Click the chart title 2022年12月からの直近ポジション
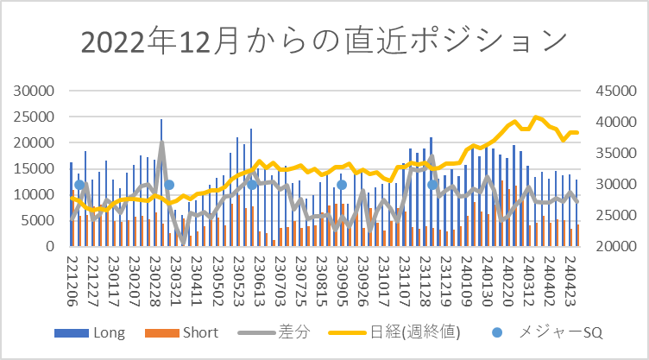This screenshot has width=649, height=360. tap(324, 41)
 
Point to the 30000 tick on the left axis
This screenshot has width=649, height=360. tap(35, 90)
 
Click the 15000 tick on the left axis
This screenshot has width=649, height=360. tap(35, 168)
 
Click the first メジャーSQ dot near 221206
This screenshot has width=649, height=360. tap(79, 184)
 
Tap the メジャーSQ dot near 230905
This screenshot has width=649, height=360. tap(342, 184)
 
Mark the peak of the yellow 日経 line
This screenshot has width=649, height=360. tap(535, 117)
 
